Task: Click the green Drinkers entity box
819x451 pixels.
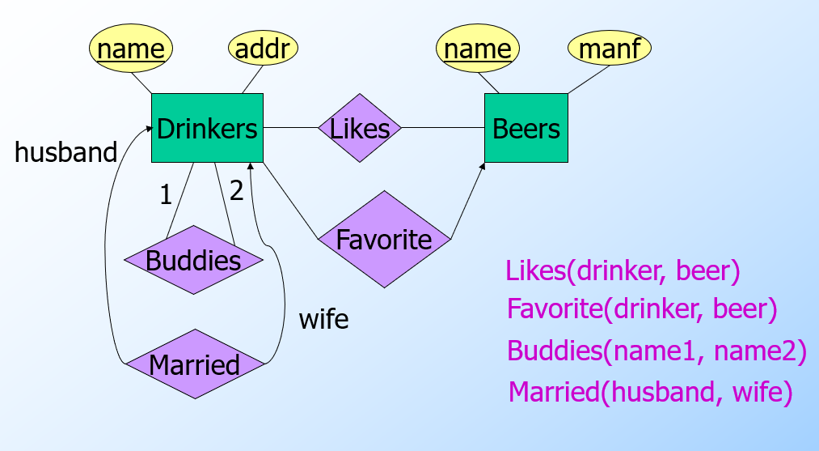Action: pyautogui.click(x=207, y=128)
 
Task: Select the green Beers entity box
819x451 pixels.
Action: pyautogui.click(x=526, y=128)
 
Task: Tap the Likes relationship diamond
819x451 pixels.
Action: pyautogui.click(x=360, y=128)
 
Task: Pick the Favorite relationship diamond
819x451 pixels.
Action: pyautogui.click(x=384, y=240)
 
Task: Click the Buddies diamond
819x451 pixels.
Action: pyautogui.click(x=194, y=261)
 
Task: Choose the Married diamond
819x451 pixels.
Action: pyautogui.click(x=195, y=364)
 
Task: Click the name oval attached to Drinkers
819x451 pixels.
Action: pyautogui.click(x=131, y=49)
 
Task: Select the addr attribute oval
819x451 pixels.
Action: pyautogui.click(x=264, y=49)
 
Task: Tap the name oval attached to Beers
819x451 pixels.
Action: pyautogui.click(x=478, y=49)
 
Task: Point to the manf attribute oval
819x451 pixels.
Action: pyautogui.click(x=610, y=49)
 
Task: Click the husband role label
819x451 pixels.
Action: pyautogui.click(x=66, y=152)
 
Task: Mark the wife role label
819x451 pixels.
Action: pyautogui.click(x=323, y=319)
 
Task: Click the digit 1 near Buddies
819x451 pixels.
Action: pyautogui.click(x=166, y=195)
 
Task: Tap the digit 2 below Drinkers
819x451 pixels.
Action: pyautogui.click(x=236, y=190)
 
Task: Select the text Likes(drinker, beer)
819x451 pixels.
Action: pyautogui.click(x=623, y=271)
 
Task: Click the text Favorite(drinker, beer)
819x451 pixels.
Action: pyautogui.click(x=642, y=308)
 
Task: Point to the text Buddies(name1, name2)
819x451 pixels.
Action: pyautogui.click(x=656, y=351)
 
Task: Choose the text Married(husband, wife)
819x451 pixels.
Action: pyautogui.click(x=650, y=393)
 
